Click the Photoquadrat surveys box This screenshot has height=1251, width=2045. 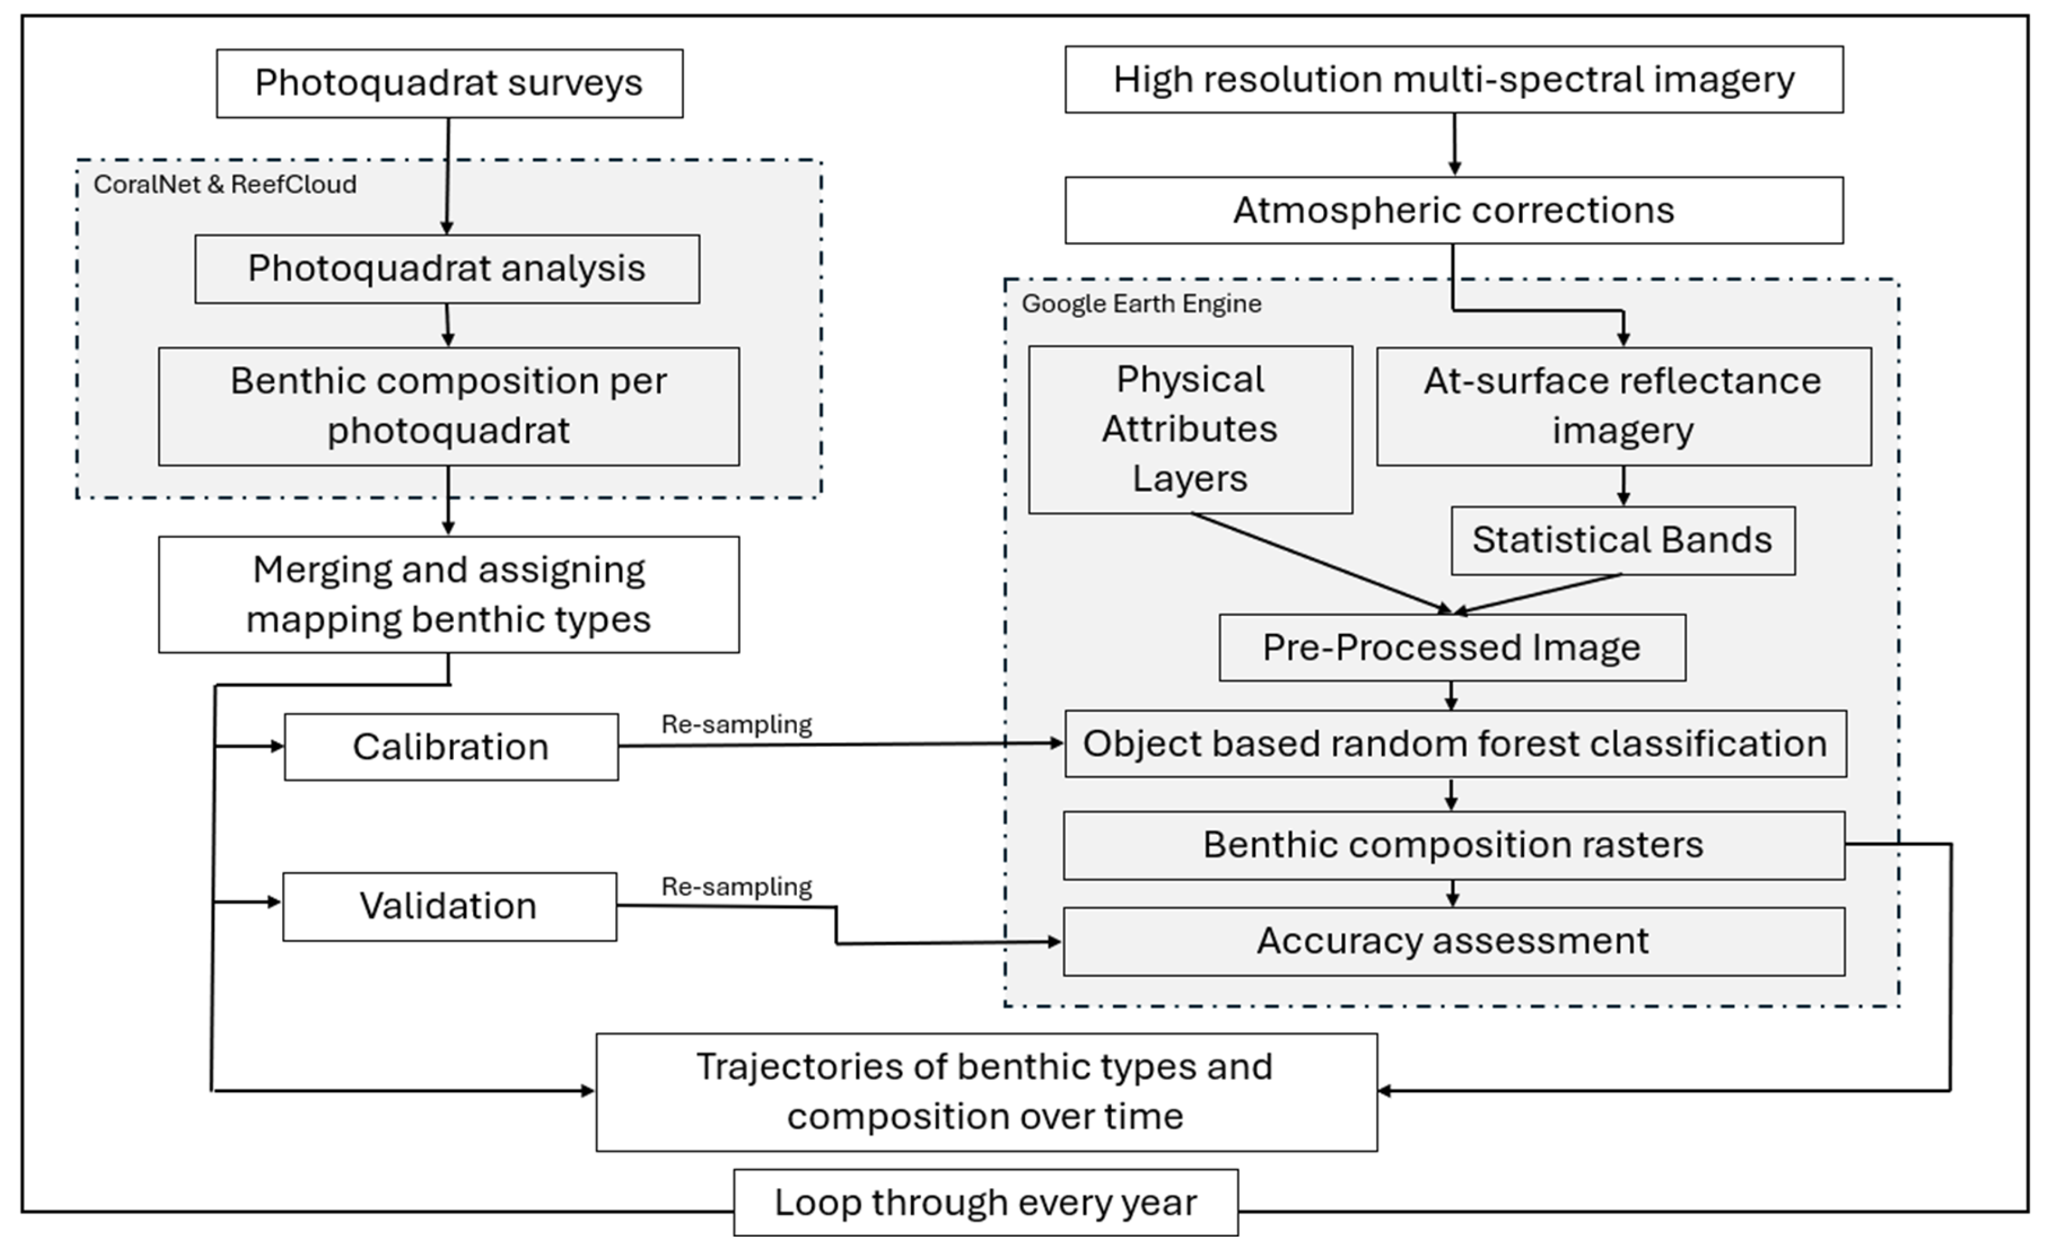tap(449, 83)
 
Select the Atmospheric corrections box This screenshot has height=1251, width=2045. tap(1453, 210)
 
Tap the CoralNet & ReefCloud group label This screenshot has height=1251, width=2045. tap(224, 184)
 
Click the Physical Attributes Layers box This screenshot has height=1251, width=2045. tap(1189, 429)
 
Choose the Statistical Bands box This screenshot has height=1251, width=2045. tap(1622, 540)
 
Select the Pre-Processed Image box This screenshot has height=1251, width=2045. tap(1452, 648)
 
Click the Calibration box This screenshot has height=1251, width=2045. tap(451, 747)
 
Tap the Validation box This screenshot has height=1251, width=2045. tap(449, 906)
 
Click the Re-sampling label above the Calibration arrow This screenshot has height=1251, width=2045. tap(736, 724)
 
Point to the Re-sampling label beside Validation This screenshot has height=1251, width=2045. tap(736, 887)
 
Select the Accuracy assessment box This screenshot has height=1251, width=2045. tap(1453, 941)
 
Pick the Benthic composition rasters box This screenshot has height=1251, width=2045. tap(1453, 844)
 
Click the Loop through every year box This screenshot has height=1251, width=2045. tap(985, 1202)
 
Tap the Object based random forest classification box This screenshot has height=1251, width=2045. tap(1455, 743)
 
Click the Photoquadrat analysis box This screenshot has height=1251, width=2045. tap(446, 269)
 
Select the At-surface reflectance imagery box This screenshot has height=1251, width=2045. tap(1623, 405)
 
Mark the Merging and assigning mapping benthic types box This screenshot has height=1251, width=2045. tap(448, 594)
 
